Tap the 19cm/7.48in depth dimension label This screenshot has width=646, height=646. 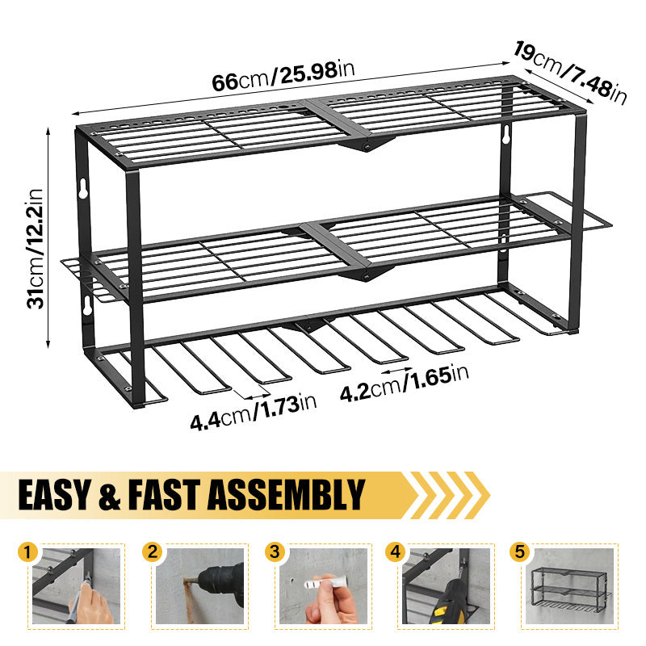[570, 73]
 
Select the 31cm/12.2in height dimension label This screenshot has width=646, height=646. [36, 249]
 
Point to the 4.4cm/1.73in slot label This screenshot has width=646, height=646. [253, 413]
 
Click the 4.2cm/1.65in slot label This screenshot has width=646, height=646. [405, 383]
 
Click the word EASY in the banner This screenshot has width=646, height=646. [54, 495]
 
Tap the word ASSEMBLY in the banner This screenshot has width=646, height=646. [286, 495]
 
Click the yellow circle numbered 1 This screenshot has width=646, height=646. [27, 552]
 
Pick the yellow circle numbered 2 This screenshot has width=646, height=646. [153, 552]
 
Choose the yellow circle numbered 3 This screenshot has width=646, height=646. [275, 552]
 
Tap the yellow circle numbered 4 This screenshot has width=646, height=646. [396, 552]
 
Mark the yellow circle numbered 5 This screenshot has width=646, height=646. [519, 552]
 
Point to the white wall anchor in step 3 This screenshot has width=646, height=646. [325, 582]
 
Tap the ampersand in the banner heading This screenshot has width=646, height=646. [109, 496]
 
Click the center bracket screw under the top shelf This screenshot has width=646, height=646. [365, 146]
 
